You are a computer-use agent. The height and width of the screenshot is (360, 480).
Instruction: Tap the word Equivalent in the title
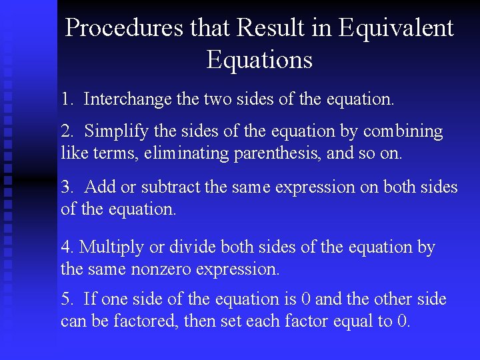coord(396,28)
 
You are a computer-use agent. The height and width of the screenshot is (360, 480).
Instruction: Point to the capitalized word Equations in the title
coord(259,60)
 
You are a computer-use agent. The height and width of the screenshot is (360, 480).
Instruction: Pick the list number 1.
coord(66,99)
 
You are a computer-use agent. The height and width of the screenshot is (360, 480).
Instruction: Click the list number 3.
coord(66,187)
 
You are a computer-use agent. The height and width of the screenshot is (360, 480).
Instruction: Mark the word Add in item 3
coord(99,187)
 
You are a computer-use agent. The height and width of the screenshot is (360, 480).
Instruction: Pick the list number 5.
coord(66,299)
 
